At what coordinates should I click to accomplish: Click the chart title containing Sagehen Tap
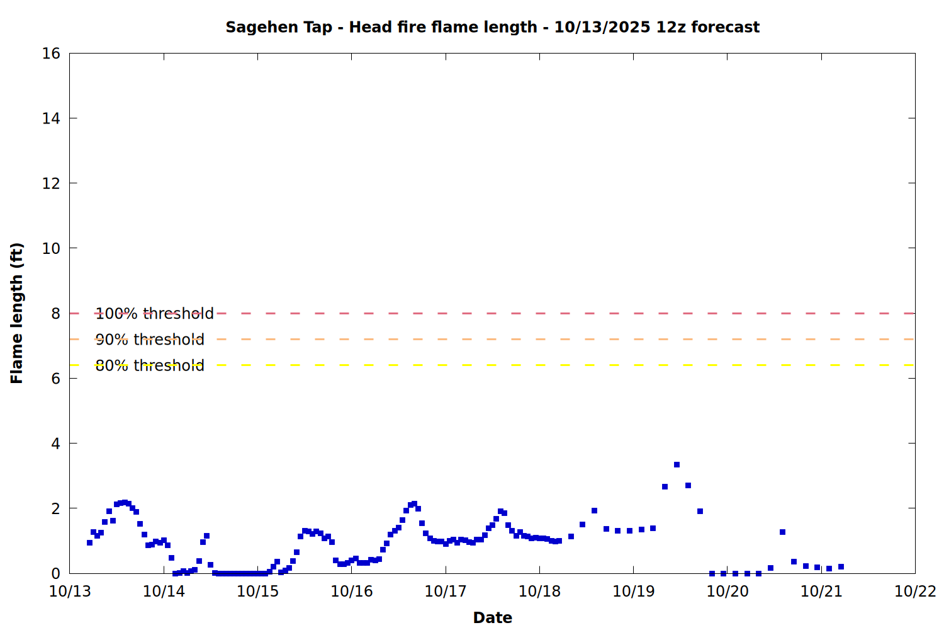point(492,27)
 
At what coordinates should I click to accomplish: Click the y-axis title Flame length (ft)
point(17,313)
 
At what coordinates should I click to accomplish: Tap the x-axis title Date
point(492,617)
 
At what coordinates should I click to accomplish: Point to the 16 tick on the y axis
point(51,54)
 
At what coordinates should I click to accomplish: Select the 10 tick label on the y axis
point(51,248)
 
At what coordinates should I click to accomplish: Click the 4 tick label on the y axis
point(55,444)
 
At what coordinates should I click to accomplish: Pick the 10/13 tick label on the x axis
point(70,591)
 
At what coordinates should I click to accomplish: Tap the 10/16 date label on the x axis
point(352,591)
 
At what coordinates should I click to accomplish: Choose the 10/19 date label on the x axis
point(633,591)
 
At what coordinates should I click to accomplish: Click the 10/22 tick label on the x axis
point(915,591)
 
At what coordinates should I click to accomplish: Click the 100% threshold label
point(155,313)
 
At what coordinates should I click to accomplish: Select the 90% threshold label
point(150,340)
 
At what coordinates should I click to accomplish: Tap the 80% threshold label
point(150,365)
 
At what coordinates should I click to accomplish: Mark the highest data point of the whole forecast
point(677,464)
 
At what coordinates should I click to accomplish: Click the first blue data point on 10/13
point(89,542)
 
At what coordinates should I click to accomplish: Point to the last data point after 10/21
point(841,566)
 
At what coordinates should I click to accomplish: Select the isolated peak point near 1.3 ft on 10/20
point(782,532)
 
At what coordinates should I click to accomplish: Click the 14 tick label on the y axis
point(51,118)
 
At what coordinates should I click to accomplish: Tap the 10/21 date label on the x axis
point(821,591)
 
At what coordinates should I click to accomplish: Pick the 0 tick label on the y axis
point(55,573)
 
